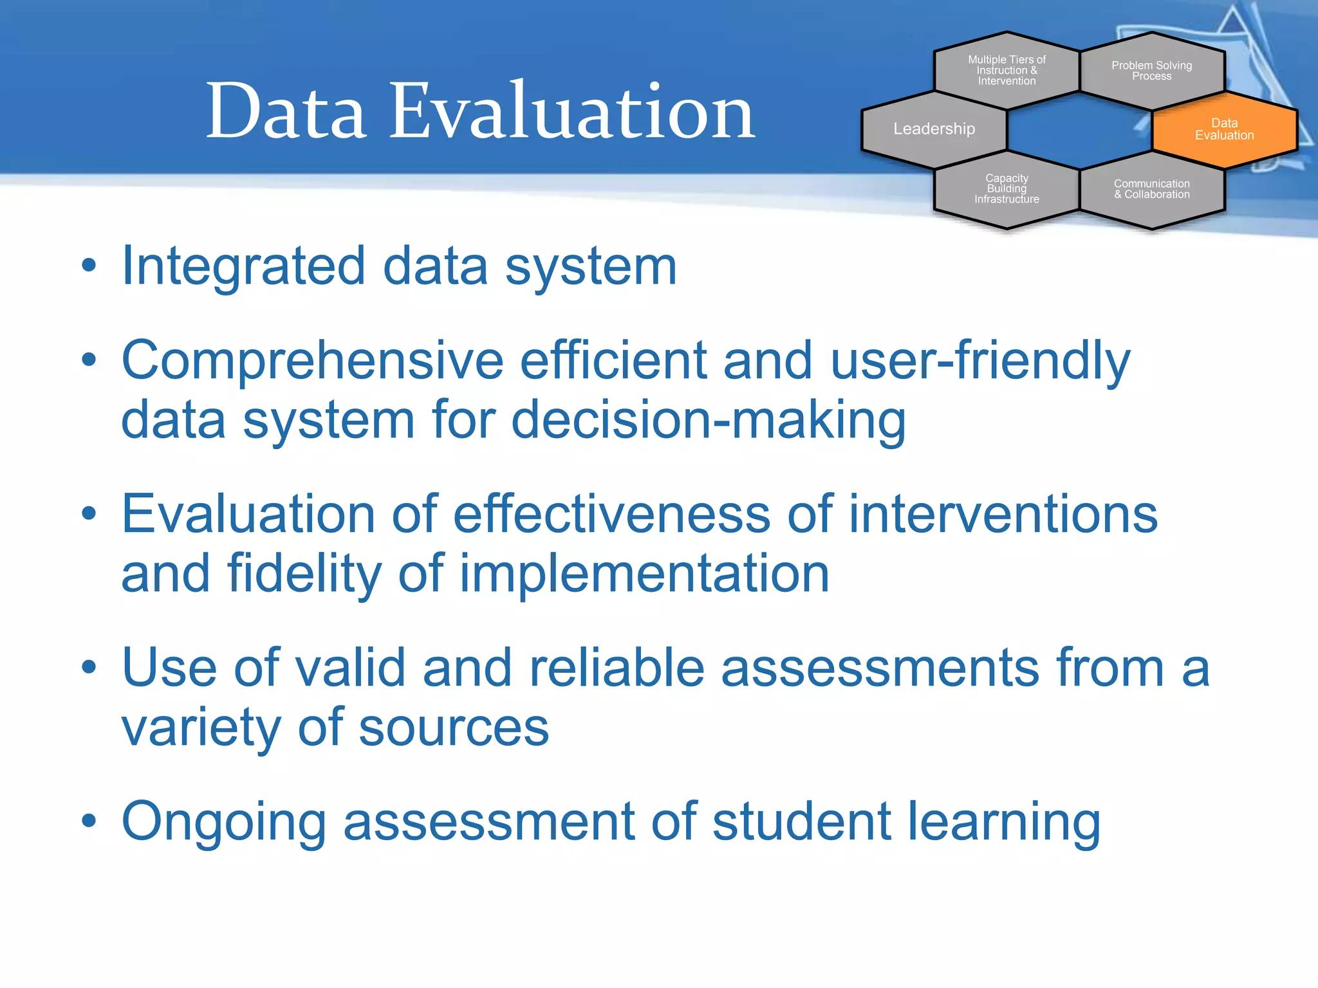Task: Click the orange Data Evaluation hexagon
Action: [1224, 129]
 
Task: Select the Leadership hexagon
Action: [934, 129]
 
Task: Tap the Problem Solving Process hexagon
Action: [1151, 71]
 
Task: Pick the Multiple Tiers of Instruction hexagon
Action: [1007, 70]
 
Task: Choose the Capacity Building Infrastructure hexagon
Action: [1007, 188]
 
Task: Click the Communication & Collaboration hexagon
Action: [1151, 189]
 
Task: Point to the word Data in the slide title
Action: [286, 111]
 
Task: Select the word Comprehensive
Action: [311, 361]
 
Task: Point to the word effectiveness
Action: [611, 515]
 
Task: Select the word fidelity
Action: [304, 574]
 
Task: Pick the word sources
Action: [453, 727]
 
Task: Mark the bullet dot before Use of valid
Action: [89, 667]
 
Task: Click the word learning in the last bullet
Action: [1004, 822]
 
